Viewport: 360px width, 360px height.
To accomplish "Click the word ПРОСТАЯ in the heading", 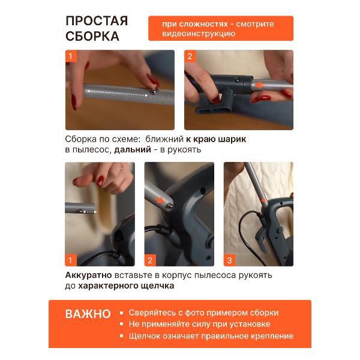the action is [x=97, y=21].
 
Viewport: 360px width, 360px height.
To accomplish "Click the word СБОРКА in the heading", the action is [x=92, y=36].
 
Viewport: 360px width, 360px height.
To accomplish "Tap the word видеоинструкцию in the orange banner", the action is [x=199, y=34].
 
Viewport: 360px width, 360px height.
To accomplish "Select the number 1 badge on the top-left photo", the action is [x=71, y=56].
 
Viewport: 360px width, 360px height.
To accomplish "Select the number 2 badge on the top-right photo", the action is [x=190, y=56].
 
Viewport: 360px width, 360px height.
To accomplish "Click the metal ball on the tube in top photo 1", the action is [x=153, y=91].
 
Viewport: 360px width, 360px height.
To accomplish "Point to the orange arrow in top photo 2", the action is [x=259, y=85].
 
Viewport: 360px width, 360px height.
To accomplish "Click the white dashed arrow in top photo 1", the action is [x=118, y=93].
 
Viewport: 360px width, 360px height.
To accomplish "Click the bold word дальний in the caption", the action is [x=133, y=149].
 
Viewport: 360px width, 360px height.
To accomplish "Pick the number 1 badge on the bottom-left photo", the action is [x=71, y=260].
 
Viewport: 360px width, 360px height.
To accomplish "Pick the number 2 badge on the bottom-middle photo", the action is [x=150, y=260].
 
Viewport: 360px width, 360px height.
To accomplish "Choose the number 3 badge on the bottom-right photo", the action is [x=229, y=260].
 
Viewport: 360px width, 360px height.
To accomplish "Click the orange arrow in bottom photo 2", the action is [x=160, y=200].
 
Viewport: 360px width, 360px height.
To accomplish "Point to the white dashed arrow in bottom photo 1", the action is [x=89, y=212].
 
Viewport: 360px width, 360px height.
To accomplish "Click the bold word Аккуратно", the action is [x=89, y=275].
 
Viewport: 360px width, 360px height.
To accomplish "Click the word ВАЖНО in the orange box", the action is [x=88, y=314].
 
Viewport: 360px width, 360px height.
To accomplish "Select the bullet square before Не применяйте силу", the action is [x=121, y=324].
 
